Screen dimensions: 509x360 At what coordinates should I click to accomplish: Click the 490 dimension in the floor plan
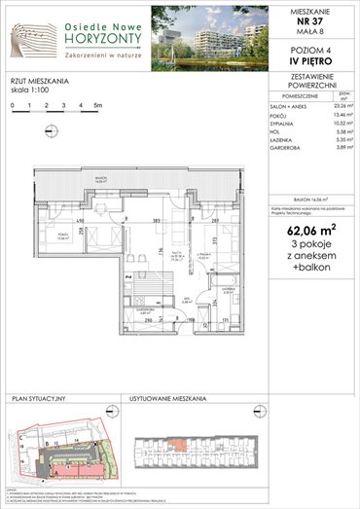pyautogui.click(x=67, y=221)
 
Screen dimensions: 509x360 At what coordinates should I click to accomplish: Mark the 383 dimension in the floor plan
pyautogui.click(x=155, y=221)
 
